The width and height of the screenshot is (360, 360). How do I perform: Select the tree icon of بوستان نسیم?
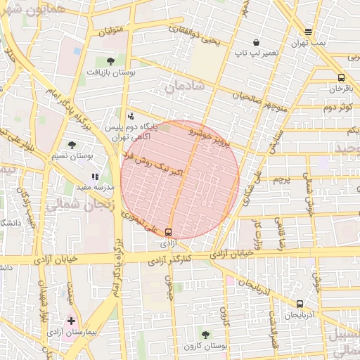coord(72,145)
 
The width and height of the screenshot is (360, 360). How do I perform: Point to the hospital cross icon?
coord(71,321)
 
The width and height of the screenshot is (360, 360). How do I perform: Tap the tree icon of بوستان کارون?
coord(205,335)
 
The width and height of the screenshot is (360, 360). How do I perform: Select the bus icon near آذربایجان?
coord(300,304)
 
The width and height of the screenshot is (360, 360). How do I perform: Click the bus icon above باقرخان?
coord(341,78)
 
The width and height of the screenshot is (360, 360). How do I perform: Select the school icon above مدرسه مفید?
coord(94,176)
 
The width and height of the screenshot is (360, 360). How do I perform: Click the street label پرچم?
coord(281,180)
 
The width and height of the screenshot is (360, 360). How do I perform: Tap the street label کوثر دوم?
coord(337,108)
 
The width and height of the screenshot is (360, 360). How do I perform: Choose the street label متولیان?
coord(111,31)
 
